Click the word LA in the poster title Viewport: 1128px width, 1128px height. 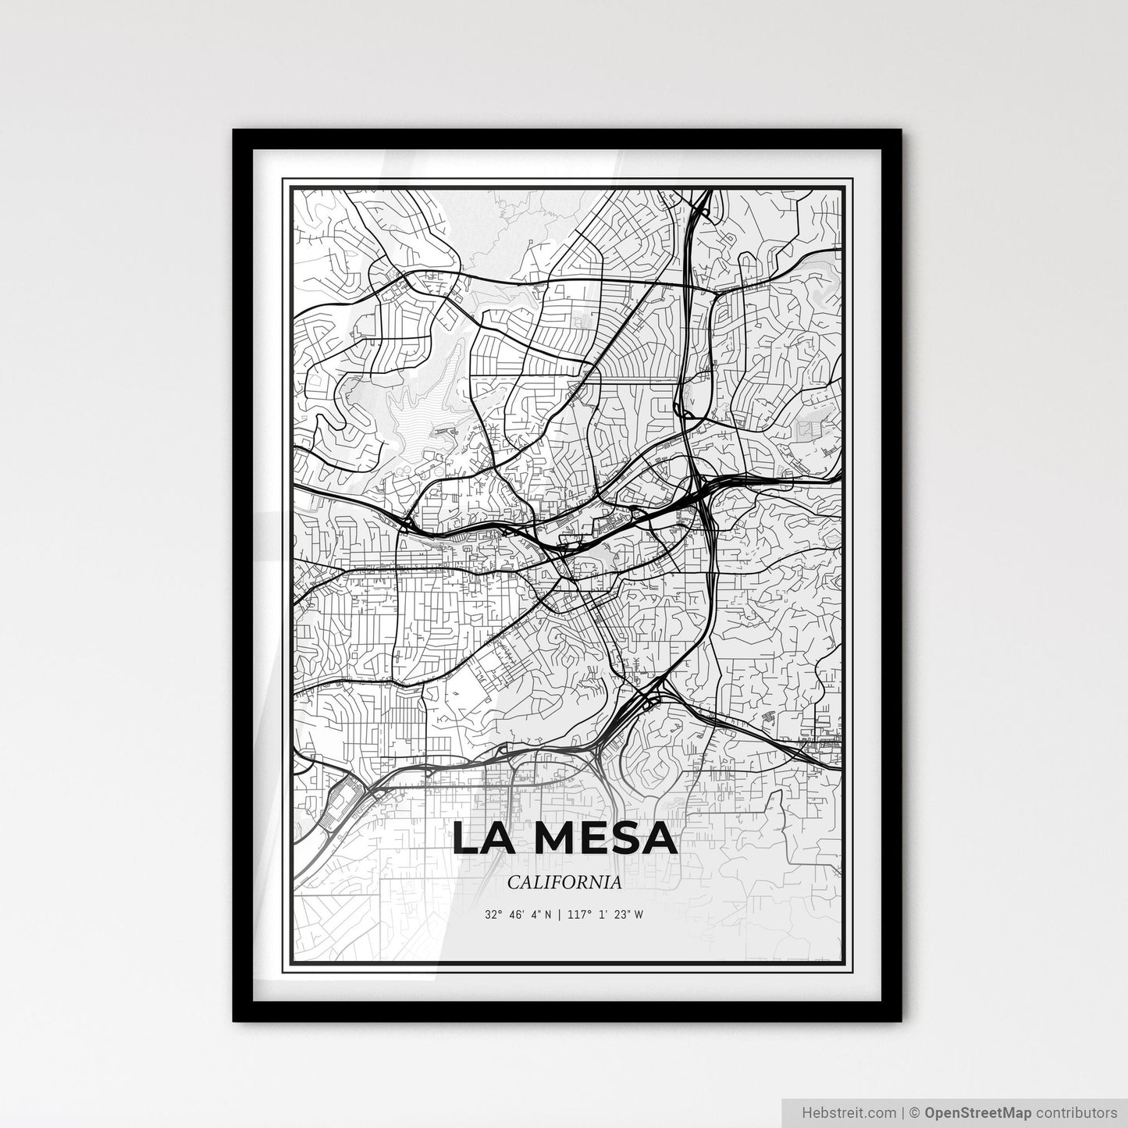pos(485,838)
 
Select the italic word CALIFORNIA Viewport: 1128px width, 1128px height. pos(564,883)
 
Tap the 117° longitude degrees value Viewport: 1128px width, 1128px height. pos(577,914)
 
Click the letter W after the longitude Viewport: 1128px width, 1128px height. pos(639,914)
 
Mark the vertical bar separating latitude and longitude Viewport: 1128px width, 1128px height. pos(559,914)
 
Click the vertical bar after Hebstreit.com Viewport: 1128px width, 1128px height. pos(900,1112)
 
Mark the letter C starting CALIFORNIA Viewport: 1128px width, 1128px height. pos(513,883)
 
